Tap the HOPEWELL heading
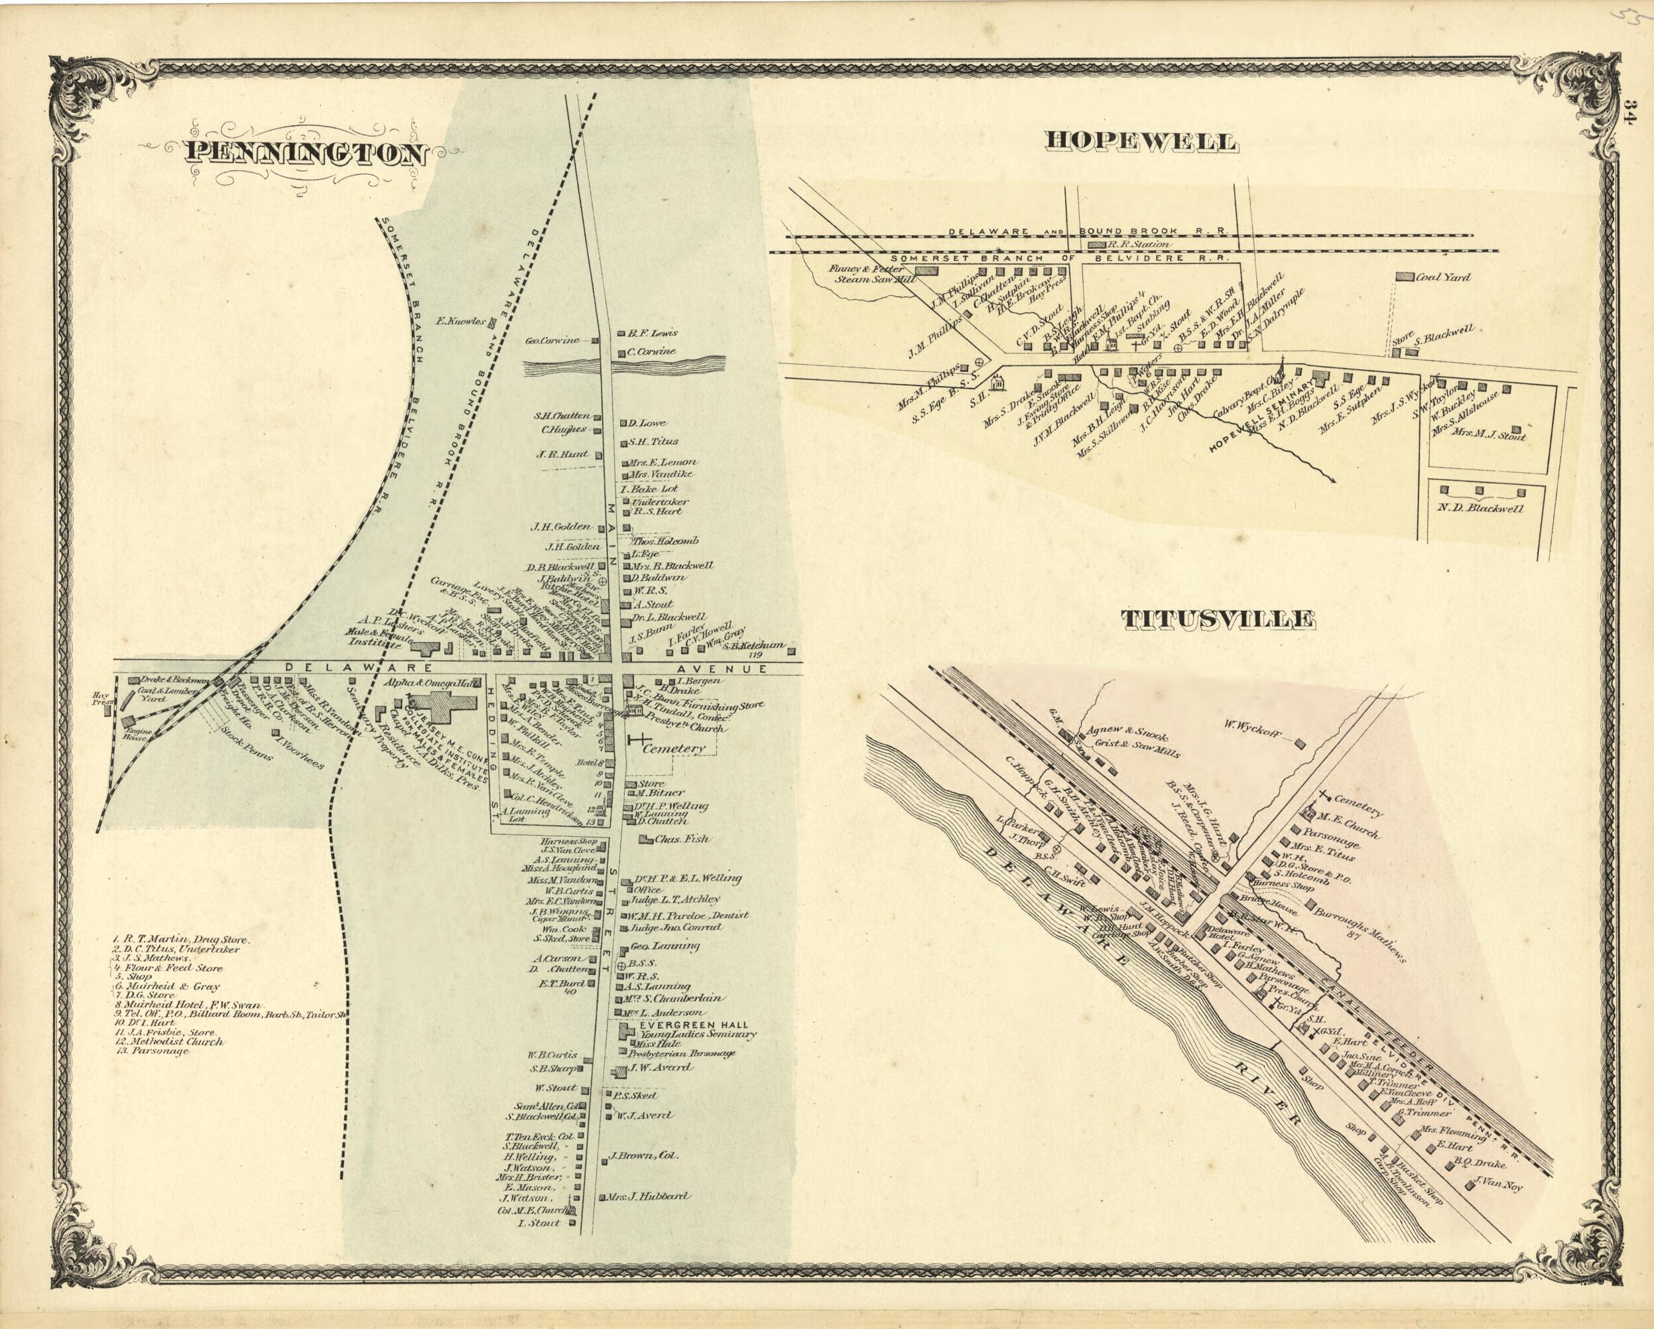coord(1141,142)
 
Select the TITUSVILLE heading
coord(1218,619)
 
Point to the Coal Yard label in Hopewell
coord(1443,277)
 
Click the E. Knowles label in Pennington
coord(460,322)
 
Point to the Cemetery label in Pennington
coord(674,747)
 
